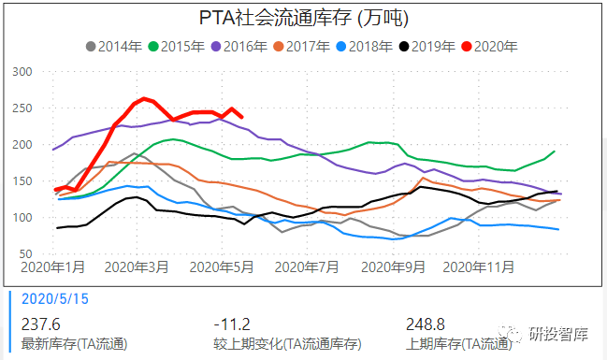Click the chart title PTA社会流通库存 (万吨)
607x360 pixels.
click(x=303, y=18)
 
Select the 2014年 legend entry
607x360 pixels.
click(x=114, y=45)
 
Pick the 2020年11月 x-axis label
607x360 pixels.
click(x=478, y=266)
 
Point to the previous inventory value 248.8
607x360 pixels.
click(x=426, y=323)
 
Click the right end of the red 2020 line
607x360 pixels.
click(x=242, y=117)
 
